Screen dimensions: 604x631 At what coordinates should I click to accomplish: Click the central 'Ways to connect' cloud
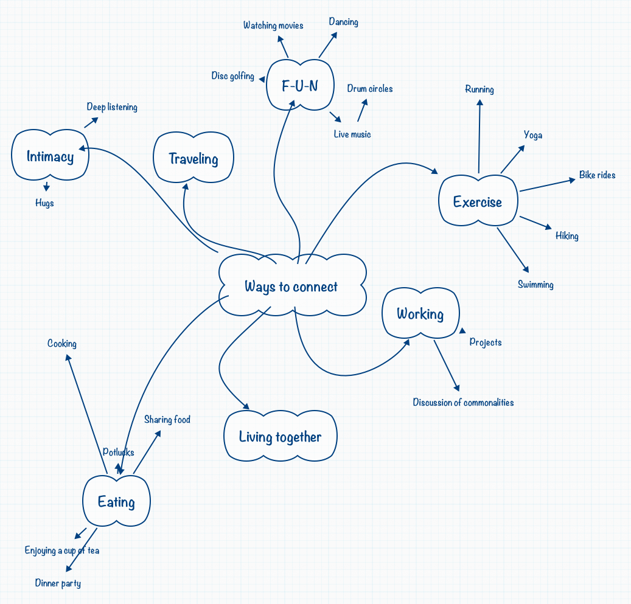(292, 286)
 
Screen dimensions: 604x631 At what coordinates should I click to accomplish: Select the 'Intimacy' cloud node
(51, 156)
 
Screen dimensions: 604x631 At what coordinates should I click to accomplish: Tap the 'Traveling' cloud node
(193, 159)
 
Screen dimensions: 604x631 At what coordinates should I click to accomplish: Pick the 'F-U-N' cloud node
(300, 86)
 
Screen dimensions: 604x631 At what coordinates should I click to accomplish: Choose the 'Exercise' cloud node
(478, 202)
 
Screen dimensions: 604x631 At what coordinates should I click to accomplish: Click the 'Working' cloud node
(420, 314)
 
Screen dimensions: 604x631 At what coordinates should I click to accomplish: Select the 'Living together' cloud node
(280, 437)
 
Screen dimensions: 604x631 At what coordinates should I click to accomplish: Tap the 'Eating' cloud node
(116, 502)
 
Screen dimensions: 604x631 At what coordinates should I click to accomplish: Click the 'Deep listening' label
(112, 107)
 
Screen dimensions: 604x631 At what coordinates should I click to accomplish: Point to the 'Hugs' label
(44, 203)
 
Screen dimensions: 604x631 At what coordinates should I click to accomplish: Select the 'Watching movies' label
(273, 26)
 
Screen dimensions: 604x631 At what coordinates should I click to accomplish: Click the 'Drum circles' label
(370, 89)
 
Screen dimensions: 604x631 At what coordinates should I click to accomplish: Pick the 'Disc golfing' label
(233, 76)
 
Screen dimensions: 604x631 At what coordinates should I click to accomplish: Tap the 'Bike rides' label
(597, 175)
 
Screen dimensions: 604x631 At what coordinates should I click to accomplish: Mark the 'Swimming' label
(535, 285)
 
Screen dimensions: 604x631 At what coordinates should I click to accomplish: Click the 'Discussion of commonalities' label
(463, 403)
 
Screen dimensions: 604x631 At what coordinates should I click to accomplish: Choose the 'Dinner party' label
(58, 583)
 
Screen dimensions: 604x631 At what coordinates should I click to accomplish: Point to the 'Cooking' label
(62, 344)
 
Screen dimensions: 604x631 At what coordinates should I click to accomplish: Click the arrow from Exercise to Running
(479, 137)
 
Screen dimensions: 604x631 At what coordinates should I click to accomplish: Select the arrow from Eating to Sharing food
(147, 452)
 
